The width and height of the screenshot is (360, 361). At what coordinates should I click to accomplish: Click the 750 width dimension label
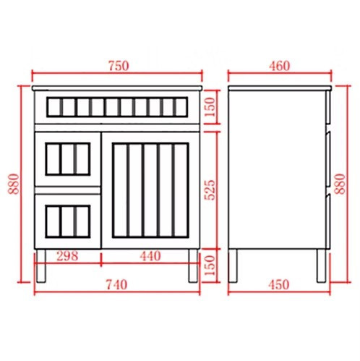point(119,66)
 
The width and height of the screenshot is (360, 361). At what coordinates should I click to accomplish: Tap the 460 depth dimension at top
point(279,66)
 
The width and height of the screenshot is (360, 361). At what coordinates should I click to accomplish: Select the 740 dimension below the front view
point(117,285)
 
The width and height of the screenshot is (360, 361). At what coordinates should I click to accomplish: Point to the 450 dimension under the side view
point(279,285)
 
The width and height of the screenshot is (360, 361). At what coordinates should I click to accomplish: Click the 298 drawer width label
point(67,256)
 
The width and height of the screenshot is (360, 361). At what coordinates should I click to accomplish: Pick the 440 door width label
point(150,256)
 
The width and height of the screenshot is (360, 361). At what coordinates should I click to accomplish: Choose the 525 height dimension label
point(210,190)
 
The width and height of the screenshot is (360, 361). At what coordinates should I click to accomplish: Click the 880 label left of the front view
point(14,184)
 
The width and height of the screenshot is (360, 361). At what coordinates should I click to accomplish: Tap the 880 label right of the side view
point(340,184)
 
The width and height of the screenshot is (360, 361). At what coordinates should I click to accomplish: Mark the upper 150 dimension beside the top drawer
point(210,107)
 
